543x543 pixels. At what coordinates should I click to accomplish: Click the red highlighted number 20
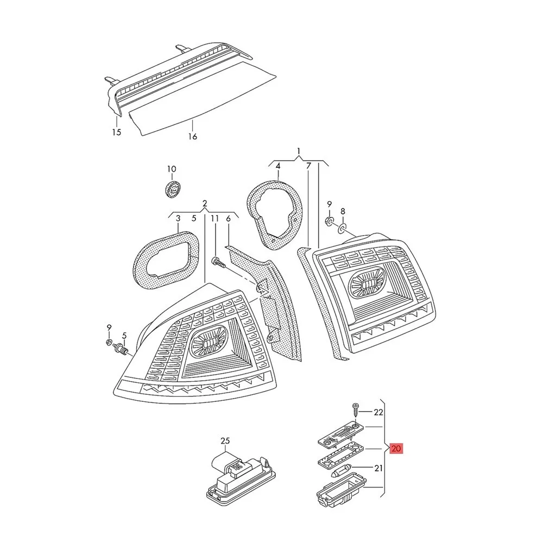coord(396,449)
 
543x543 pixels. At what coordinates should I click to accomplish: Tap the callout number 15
coord(117,132)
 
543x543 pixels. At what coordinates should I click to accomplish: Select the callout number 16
coord(193,136)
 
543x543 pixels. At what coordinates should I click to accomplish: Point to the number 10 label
coord(172,169)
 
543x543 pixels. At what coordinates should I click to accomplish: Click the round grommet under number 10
coord(172,190)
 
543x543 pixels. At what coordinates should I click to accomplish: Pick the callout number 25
coord(225,441)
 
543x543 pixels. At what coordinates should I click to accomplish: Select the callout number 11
coord(215,218)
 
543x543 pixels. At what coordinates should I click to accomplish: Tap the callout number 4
coord(277,167)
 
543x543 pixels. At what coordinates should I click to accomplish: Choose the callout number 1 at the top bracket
coord(299,151)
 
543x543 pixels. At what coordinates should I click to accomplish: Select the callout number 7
coord(308,167)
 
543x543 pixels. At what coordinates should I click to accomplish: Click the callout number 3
coord(178,218)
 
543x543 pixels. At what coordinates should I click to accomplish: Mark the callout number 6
coord(228,218)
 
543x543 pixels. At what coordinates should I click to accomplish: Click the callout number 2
coord(205,203)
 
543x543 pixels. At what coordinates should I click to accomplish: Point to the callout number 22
coord(378,412)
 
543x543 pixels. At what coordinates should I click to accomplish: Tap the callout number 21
coord(378,468)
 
